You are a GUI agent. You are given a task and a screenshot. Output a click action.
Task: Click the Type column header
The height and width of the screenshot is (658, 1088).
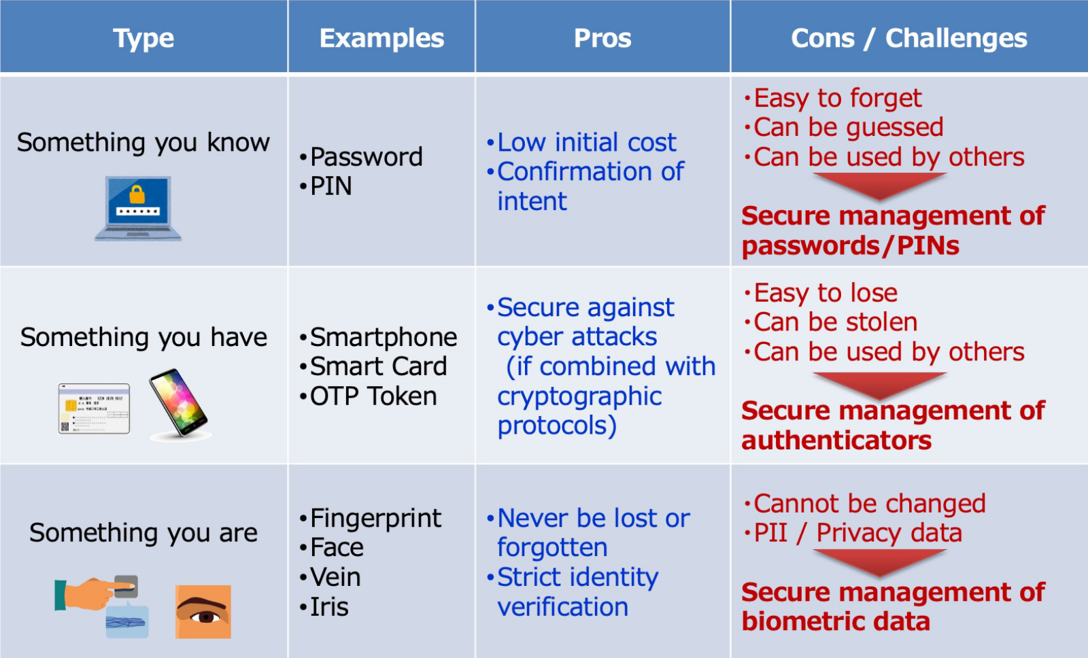click(x=143, y=38)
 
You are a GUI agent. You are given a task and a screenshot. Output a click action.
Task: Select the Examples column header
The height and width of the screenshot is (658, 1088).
click(x=381, y=38)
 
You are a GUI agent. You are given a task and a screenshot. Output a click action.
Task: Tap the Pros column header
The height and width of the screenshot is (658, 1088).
click(x=602, y=38)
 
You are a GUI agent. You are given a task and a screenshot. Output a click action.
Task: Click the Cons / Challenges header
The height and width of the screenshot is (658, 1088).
click(x=908, y=38)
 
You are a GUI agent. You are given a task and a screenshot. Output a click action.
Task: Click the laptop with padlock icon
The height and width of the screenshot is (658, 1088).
click(x=138, y=208)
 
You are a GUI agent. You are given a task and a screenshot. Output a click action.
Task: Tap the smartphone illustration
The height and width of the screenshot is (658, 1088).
click(x=180, y=404)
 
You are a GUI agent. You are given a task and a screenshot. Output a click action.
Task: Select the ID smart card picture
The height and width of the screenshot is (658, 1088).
click(x=94, y=409)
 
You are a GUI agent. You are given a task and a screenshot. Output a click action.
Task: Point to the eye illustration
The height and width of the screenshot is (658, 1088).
click(x=203, y=612)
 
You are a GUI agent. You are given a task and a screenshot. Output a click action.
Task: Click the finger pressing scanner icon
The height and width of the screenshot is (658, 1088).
click(x=97, y=593)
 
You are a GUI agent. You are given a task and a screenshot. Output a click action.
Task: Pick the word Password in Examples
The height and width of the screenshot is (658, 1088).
click(x=367, y=157)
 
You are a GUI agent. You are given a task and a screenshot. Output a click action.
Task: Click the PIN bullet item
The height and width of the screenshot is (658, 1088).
click(x=326, y=186)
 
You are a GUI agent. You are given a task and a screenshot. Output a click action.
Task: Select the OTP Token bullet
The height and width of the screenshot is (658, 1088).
click(x=369, y=396)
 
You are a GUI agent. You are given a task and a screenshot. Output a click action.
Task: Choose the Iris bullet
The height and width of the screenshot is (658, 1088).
click(x=324, y=607)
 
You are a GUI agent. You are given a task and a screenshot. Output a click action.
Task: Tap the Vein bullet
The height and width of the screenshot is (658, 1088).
click(x=330, y=577)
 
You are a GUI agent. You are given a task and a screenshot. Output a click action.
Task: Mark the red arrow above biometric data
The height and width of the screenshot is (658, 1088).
click(x=880, y=563)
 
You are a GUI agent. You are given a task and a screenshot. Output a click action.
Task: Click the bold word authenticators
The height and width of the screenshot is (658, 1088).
click(x=836, y=440)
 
